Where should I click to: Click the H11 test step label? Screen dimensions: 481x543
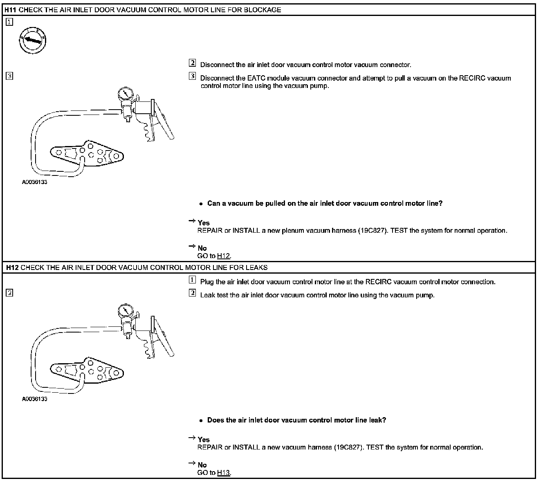11,10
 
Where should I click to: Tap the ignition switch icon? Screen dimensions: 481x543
32,40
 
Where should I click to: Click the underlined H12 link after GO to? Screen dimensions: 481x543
223,256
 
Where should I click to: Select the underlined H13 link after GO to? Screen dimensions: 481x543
223,473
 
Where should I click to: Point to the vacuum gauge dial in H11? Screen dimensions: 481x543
125,95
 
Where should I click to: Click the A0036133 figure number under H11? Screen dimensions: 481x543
35,182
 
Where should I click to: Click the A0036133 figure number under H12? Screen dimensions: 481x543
35,399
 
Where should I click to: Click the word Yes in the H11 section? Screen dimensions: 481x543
204,223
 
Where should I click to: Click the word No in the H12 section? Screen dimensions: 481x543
202,465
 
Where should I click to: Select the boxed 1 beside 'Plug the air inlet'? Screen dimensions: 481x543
192,280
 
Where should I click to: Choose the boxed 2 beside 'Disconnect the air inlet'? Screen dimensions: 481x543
192,63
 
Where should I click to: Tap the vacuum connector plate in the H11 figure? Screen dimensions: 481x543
87,154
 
